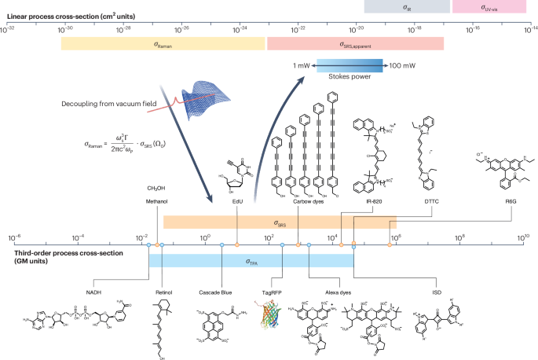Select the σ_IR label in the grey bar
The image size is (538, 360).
pos(406,7)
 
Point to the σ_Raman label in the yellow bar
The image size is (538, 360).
pos(163,44)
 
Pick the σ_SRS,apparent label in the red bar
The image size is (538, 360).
pos(355,44)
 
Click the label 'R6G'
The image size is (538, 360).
pos(503,201)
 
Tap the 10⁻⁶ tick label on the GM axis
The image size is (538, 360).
pos(13,235)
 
